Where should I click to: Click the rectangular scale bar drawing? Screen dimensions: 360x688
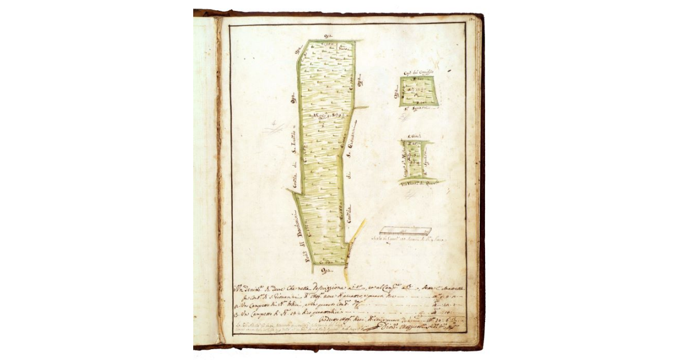405,230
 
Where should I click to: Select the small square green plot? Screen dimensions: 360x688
419,91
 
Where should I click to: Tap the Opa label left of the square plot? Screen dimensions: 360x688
396,90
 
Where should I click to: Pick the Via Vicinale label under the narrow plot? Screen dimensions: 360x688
420,182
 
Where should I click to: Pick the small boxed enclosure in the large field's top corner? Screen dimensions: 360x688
343,46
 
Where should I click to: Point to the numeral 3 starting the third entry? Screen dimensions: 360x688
237,313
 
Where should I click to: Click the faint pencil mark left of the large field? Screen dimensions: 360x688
275,127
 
